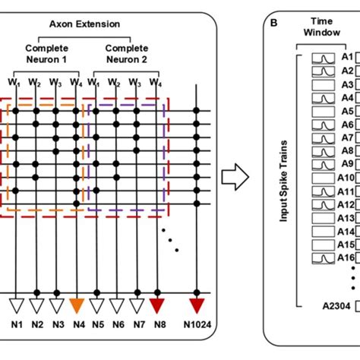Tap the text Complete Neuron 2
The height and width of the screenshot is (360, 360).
pyautogui.click(x=125, y=51)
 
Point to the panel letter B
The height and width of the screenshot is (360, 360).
pyautogui.click(x=273, y=23)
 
